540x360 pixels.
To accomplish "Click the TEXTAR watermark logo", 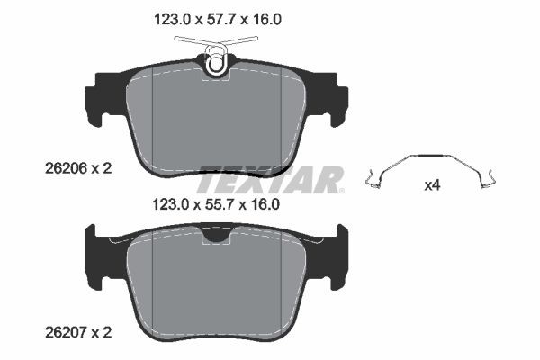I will [270, 179].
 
